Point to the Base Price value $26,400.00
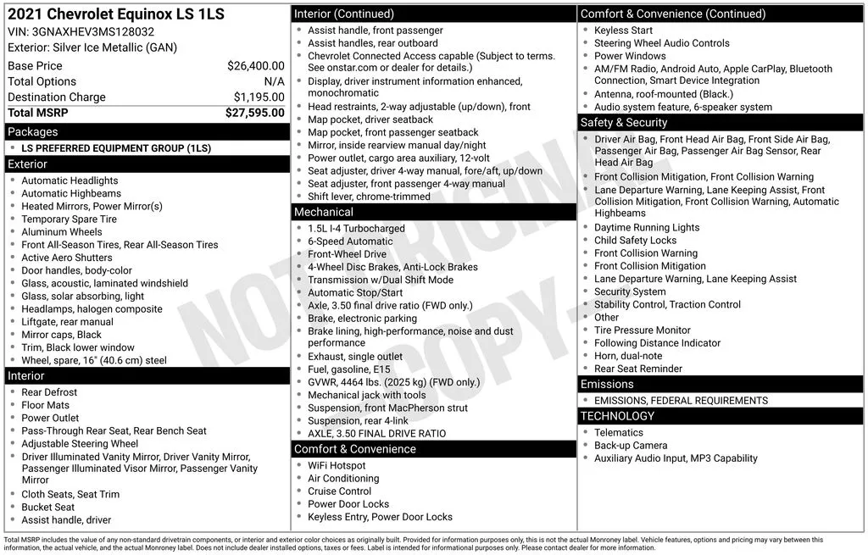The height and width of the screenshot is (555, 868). click(255, 65)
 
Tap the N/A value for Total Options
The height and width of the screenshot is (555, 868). click(274, 81)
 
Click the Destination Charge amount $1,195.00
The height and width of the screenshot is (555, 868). click(259, 97)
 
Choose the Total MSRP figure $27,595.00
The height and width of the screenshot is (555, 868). click(254, 113)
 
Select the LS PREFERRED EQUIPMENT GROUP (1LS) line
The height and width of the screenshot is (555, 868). click(116, 148)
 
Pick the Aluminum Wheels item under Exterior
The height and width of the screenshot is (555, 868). click(61, 231)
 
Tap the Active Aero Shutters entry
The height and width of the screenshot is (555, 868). click(66, 258)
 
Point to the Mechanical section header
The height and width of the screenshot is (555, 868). click(323, 212)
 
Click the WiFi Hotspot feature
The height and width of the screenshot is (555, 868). click(337, 465)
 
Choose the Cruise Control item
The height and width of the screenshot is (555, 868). click(339, 491)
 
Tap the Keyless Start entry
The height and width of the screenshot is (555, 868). click(623, 30)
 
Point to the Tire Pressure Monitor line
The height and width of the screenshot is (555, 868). click(642, 330)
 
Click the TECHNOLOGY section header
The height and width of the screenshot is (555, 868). click(617, 416)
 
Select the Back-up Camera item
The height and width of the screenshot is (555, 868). click(631, 445)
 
